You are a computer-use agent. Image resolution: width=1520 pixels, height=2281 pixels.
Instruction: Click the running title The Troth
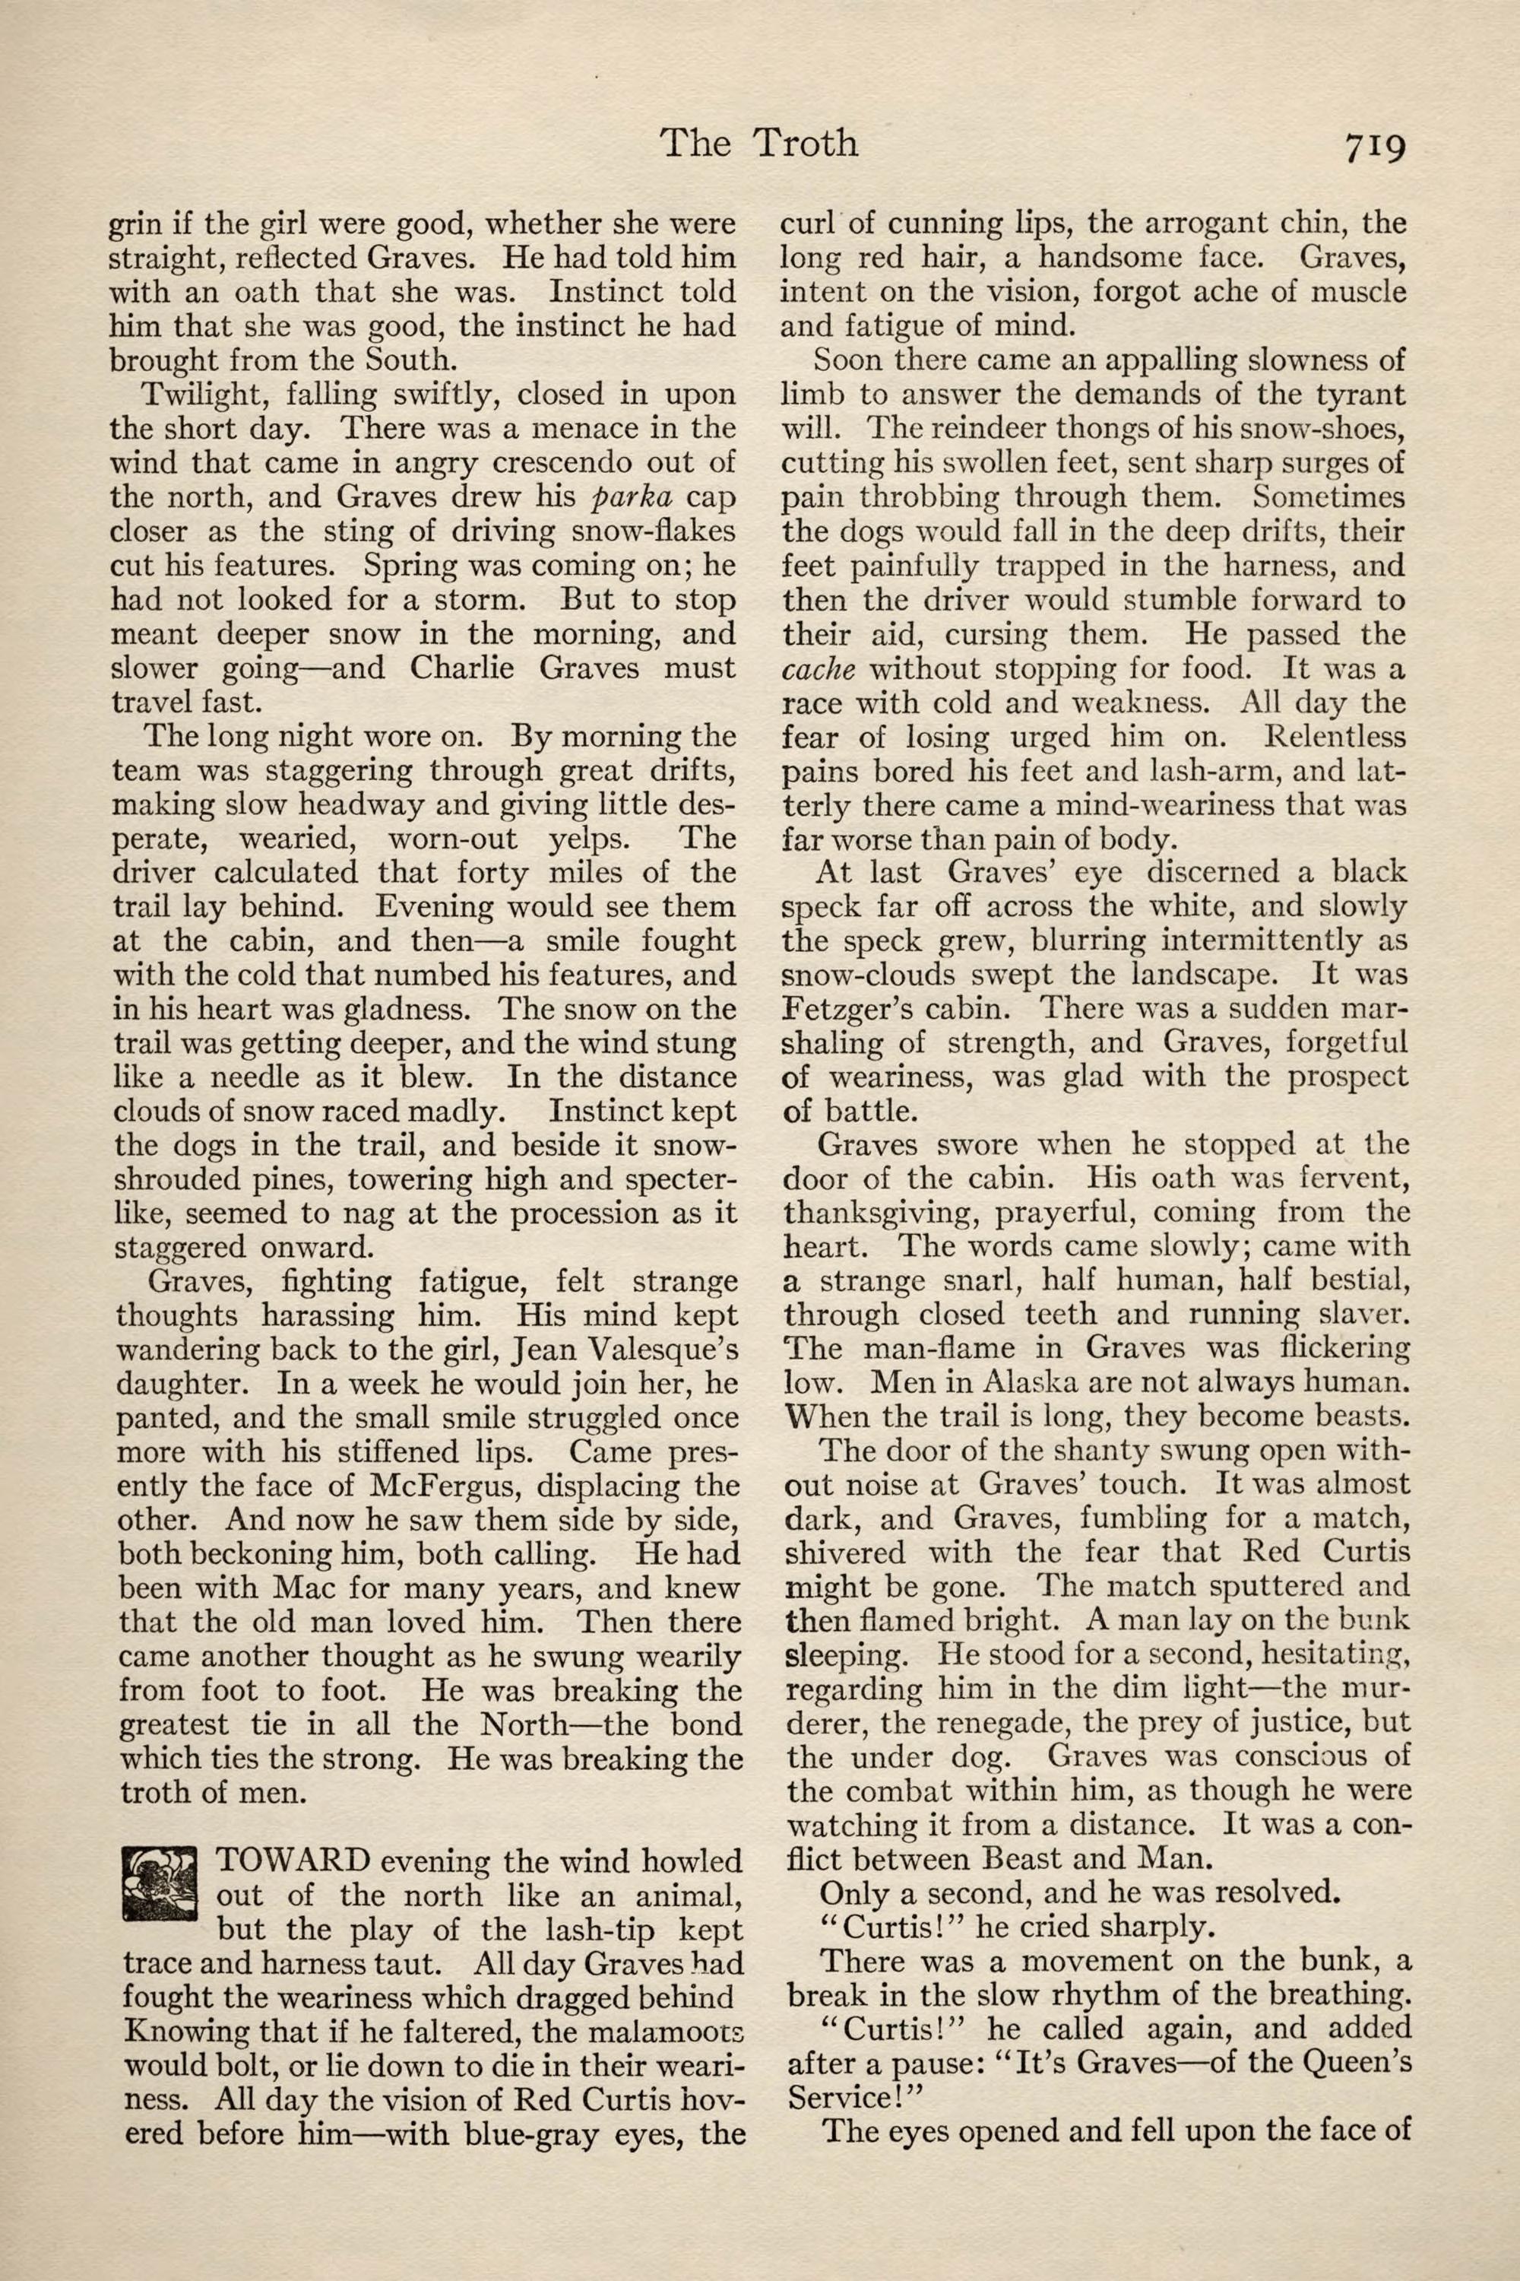759,144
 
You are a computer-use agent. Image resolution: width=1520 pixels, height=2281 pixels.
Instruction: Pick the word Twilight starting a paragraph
197,395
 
